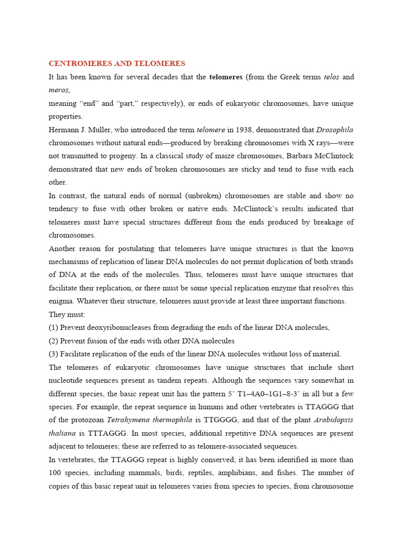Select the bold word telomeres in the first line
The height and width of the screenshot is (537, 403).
(x=226, y=77)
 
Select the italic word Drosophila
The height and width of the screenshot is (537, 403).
(x=335, y=130)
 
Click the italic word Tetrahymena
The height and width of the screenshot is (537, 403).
(x=129, y=420)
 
